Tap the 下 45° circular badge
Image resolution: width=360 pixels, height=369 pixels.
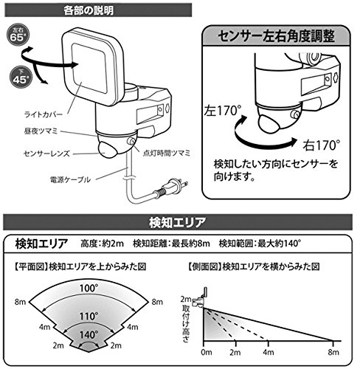(x=21, y=77)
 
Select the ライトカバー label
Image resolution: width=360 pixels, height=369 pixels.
(x=43, y=114)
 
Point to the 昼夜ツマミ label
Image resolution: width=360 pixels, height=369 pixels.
(x=41, y=131)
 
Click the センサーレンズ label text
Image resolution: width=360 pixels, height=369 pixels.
(x=46, y=154)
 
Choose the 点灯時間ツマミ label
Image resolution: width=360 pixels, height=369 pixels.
(x=167, y=154)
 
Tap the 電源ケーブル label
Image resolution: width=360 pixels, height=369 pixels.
(x=70, y=179)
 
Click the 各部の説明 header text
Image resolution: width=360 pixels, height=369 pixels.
(x=89, y=10)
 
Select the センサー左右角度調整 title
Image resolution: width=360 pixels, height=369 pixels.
(x=276, y=36)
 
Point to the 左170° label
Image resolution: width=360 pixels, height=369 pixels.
(x=223, y=111)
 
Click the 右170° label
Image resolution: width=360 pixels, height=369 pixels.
(x=322, y=145)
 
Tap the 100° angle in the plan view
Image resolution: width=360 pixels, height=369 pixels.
(x=89, y=288)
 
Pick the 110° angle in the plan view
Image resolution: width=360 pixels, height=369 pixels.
(x=89, y=317)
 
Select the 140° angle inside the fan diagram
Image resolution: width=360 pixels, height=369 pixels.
(x=89, y=335)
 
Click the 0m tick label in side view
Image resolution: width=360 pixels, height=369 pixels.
(x=207, y=352)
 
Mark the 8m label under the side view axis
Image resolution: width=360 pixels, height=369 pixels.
(x=333, y=352)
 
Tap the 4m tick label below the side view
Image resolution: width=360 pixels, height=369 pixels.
(x=269, y=352)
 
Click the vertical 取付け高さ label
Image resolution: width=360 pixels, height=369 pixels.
(x=186, y=323)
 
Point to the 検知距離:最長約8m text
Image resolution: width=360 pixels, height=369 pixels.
(x=171, y=244)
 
